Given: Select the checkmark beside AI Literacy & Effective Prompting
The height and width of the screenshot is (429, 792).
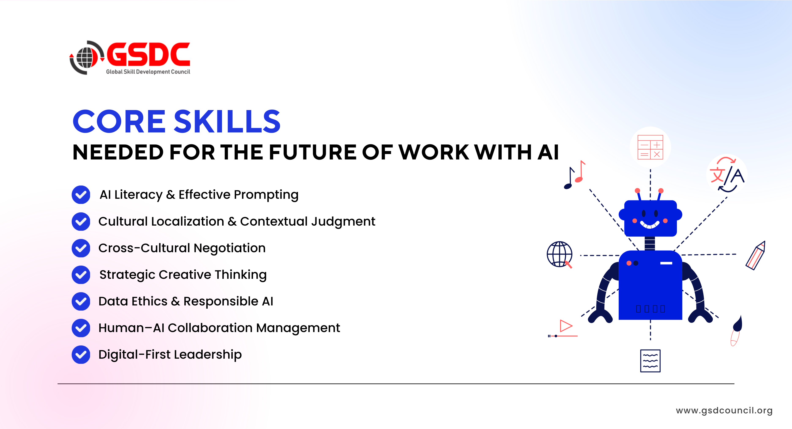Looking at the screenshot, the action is click(x=81, y=195).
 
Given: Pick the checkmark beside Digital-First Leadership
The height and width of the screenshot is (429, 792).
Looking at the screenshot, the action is click(x=81, y=355).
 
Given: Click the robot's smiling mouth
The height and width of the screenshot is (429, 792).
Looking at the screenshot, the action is click(x=650, y=225).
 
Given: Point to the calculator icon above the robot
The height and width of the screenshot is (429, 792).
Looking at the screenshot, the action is click(x=650, y=147).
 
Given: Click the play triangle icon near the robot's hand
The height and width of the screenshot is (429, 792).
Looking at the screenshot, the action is click(x=566, y=326).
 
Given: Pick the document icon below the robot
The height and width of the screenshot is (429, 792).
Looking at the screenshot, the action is click(x=650, y=361).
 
